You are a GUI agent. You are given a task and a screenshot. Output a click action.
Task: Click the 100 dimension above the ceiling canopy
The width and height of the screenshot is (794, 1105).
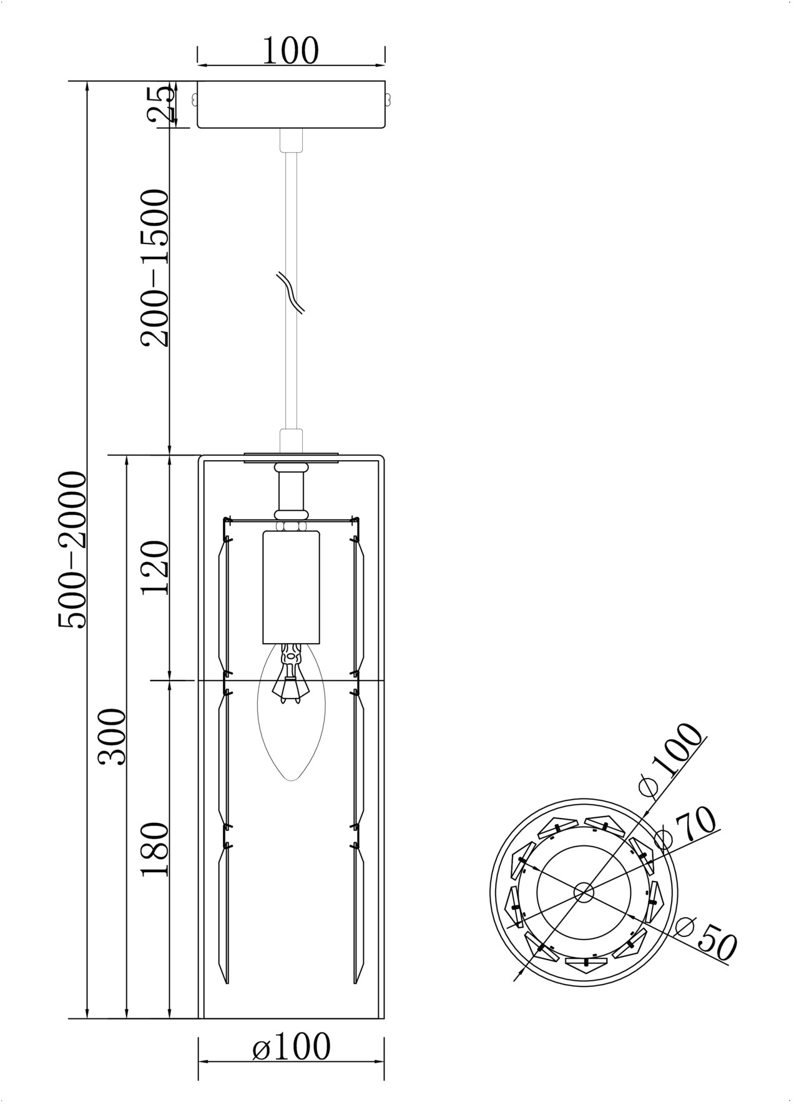click(290, 51)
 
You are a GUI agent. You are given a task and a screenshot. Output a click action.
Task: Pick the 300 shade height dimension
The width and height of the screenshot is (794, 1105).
click(113, 737)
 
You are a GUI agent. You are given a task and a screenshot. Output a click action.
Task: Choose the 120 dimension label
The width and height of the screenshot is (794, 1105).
click(155, 568)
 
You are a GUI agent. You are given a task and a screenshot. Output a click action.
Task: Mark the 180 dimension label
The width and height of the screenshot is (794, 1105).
click(155, 850)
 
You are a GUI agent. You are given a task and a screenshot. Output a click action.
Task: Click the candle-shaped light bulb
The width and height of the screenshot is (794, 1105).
click(292, 712)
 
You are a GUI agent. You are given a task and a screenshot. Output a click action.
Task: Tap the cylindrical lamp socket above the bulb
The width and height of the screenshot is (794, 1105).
click(292, 587)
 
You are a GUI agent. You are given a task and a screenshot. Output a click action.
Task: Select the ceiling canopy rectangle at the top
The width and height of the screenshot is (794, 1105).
click(292, 104)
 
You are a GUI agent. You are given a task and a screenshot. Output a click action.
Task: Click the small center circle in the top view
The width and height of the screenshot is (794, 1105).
click(584, 891)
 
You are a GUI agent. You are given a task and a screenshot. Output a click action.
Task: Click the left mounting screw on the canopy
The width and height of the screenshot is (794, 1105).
click(194, 99)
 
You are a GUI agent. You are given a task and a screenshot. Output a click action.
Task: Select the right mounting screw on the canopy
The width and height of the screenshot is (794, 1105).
click(389, 99)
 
